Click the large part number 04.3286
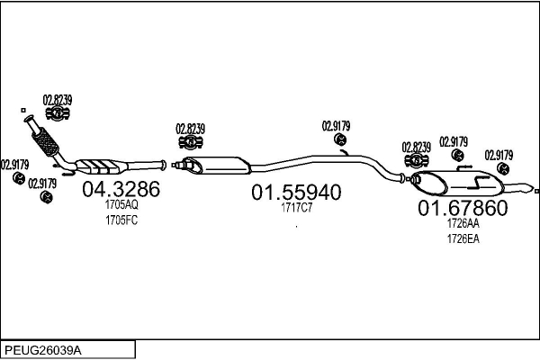[121, 189]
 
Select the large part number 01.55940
[296, 192]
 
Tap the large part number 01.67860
[463, 208]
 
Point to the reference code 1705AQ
[121, 204]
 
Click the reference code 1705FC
[121, 220]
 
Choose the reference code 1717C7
[296, 208]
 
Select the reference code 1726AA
[463, 223]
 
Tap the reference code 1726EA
[463, 238]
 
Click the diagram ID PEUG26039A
[43, 350]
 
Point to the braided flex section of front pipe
[45, 141]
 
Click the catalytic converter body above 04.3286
[99, 166]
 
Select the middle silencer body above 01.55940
[216, 166]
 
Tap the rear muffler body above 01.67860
[458, 183]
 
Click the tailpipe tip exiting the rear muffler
[520, 188]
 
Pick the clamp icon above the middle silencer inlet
[191, 142]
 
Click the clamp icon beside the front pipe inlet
[58, 113]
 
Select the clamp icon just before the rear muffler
[417, 160]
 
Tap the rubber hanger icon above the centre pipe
[340, 139]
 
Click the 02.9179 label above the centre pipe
[336, 126]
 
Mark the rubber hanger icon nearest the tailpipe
[503, 169]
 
